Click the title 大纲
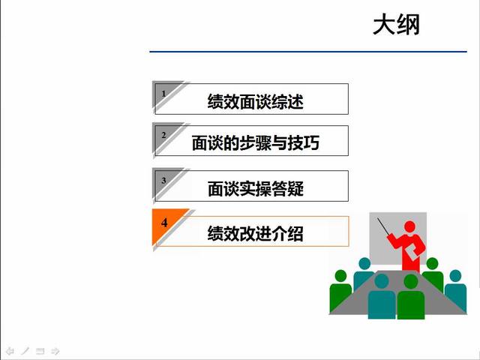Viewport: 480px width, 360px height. pos(396,25)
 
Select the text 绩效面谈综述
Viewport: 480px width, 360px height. pos(255,101)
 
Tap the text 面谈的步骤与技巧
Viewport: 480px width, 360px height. pos(255,142)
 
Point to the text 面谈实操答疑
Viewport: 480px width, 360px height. pos(255,188)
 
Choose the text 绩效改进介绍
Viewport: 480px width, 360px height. pos(255,233)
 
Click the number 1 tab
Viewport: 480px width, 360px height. pos(163,94)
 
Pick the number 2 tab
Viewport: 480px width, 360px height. pos(163,135)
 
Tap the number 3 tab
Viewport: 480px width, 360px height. pos(163,181)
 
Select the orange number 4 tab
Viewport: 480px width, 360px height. pos(164,224)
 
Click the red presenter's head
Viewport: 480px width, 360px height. pos(409,226)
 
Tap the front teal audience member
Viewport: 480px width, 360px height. pos(382,296)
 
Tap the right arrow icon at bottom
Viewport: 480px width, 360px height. pos(55,350)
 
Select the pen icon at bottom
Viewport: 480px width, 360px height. pos(25,350)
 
